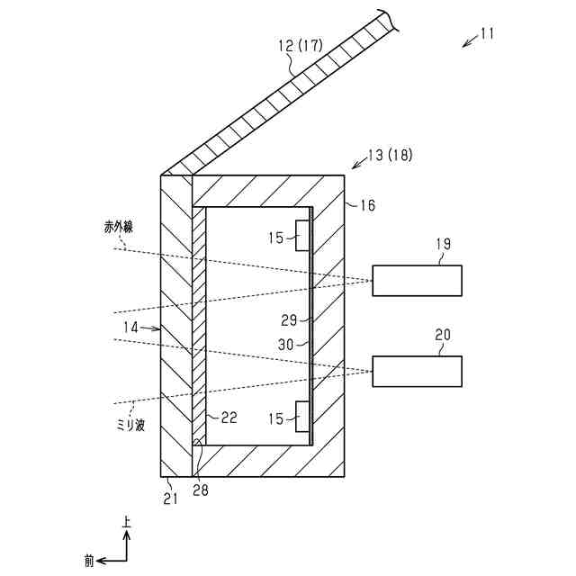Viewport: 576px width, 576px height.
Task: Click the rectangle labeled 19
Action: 418,281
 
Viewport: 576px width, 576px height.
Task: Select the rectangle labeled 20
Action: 418,372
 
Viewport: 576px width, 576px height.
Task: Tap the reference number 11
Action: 487,34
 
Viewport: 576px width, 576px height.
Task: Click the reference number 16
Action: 367,205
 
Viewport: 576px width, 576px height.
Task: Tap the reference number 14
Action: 131,328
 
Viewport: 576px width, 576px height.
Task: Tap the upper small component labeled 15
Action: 303,238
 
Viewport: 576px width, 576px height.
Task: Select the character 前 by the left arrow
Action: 89,560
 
